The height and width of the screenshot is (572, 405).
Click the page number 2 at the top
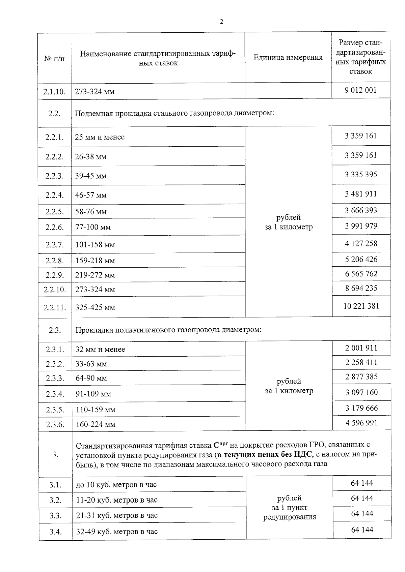click(x=221, y=22)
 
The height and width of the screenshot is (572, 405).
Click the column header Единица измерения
click(x=288, y=58)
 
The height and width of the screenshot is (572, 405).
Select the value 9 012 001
click(x=360, y=90)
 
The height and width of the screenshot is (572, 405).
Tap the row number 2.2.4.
click(x=54, y=195)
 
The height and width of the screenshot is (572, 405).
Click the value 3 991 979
click(x=361, y=226)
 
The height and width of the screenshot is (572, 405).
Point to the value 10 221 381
click(x=361, y=306)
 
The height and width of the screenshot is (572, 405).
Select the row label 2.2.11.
click(x=55, y=308)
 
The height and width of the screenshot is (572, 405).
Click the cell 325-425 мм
click(x=95, y=308)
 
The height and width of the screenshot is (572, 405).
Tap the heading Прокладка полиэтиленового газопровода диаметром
click(x=168, y=330)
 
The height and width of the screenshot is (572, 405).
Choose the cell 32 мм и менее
click(x=100, y=350)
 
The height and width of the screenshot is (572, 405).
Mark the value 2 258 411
click(x=361, y=363)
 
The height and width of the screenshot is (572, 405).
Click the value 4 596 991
click(x=361, y=423)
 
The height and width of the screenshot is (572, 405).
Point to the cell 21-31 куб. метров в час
click(x=117, y=516)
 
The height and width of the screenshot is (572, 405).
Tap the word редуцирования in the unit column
click(x=290, y=517)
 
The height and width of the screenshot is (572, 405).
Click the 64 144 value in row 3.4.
click(x=362, y=530)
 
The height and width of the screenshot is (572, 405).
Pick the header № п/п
click(x=54, y=59)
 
